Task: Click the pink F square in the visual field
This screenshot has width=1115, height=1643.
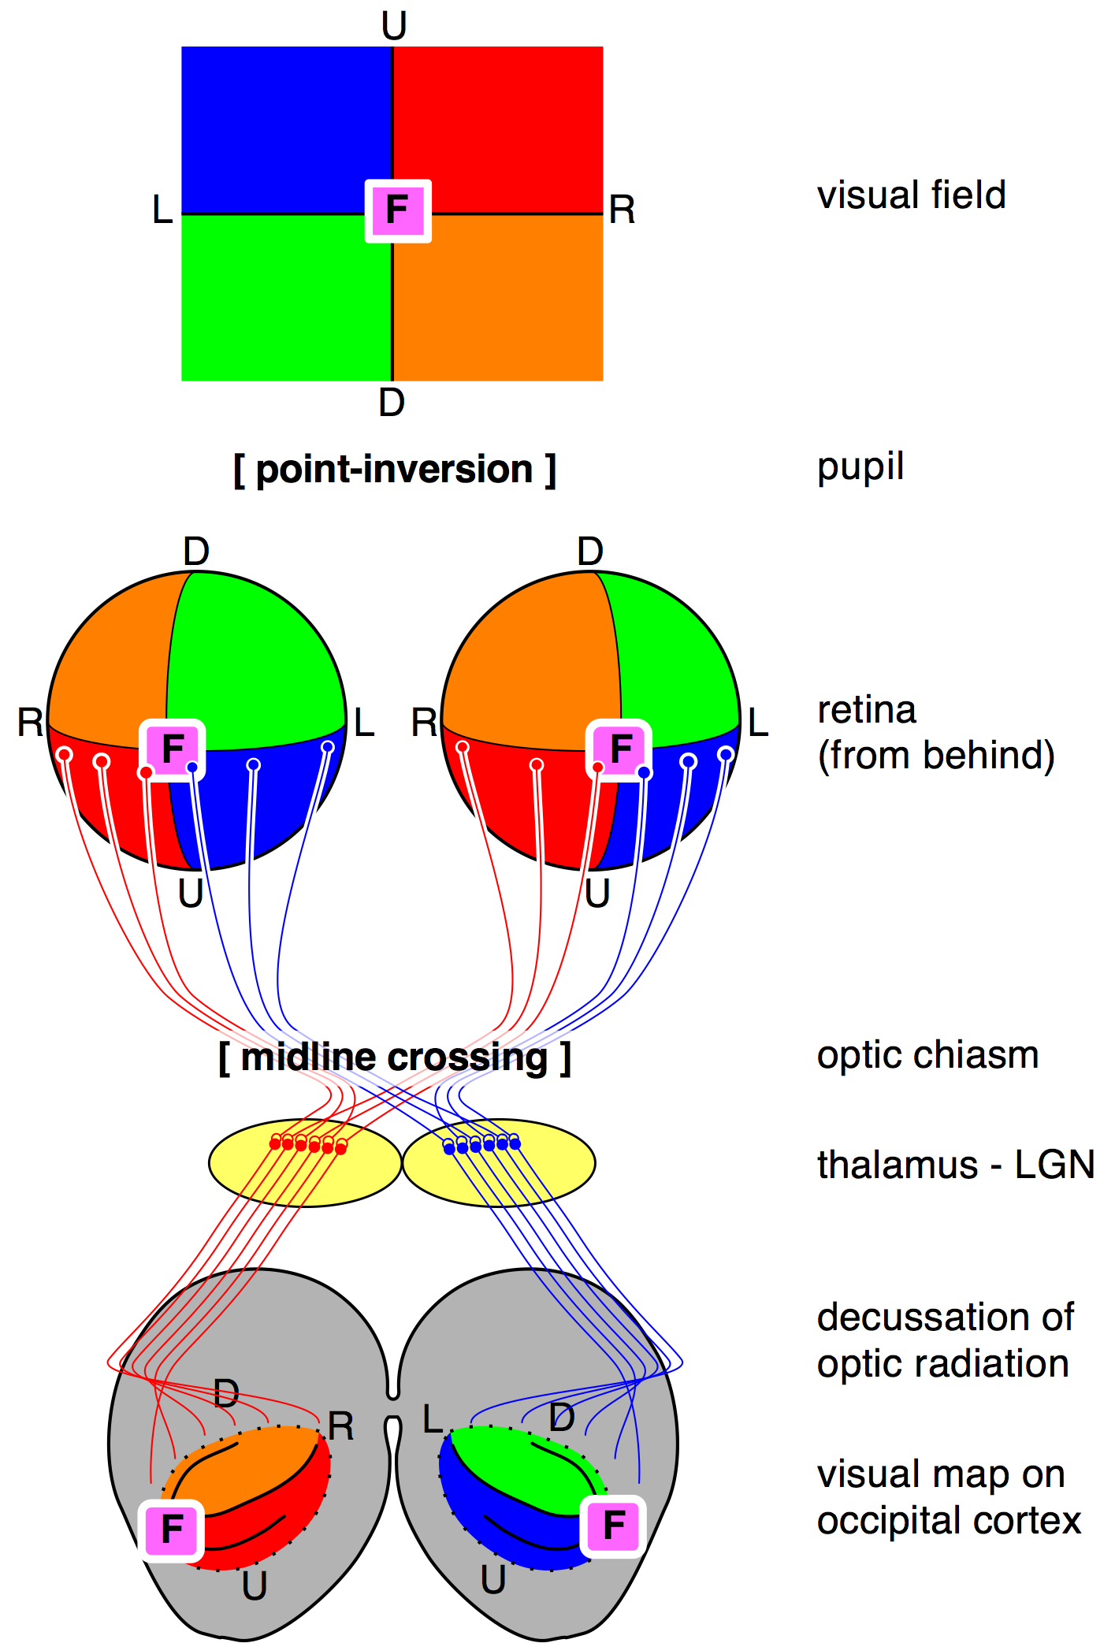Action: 398,210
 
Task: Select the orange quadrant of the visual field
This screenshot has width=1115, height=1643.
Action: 498,298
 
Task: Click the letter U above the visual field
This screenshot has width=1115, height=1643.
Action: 394,26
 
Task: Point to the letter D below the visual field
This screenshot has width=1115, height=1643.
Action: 392,403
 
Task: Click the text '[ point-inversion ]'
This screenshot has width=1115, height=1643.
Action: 395,470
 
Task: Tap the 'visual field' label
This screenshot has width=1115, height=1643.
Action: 912,195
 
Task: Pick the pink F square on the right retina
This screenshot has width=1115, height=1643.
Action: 619,749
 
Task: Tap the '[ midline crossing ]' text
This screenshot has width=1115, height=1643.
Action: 395,1058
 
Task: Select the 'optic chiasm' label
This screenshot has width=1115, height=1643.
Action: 928,1054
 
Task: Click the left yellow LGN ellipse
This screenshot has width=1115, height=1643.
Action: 305,1163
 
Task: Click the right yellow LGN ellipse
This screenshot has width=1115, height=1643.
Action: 499,1163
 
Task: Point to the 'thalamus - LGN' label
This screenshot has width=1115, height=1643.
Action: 956,1165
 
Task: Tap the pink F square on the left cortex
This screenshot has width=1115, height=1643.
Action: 171,1530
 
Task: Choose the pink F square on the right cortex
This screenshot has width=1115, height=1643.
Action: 613,1527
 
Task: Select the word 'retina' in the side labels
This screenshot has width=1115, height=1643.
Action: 867,710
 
